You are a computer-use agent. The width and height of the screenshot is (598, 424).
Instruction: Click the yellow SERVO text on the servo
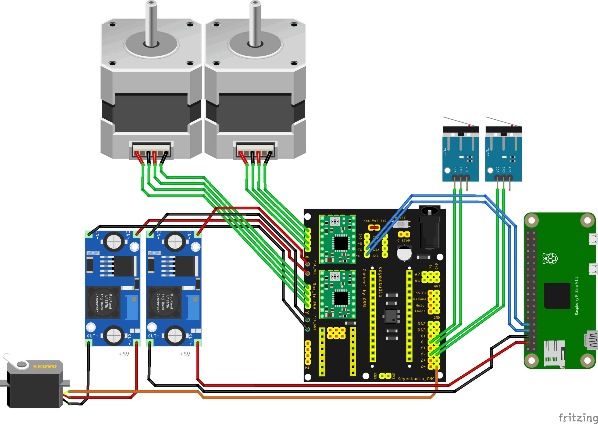click(x=44, y=367)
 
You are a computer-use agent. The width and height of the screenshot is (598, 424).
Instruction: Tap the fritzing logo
click(x=578, y=417)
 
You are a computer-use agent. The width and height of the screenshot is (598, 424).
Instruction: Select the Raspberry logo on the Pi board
click(x=550, y=258)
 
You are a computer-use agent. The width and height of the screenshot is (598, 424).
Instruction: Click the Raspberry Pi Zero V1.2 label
click(x=577, y=296)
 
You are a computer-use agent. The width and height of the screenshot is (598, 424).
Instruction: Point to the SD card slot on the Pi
click(x=554, y=354)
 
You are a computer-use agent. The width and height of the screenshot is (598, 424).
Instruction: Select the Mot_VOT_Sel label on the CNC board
click(x=375, y=221)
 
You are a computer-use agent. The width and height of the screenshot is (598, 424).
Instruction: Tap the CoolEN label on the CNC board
click(x=420, y=293)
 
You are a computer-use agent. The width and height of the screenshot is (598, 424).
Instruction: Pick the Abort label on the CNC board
click(x=420, y=311)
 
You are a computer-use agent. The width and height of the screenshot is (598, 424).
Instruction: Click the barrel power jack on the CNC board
click(x=429, y=230)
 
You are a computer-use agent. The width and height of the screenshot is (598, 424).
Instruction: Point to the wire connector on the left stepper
click(x=151, y=150)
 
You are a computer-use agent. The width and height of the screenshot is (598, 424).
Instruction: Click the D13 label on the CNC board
click(x=422, y=330)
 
